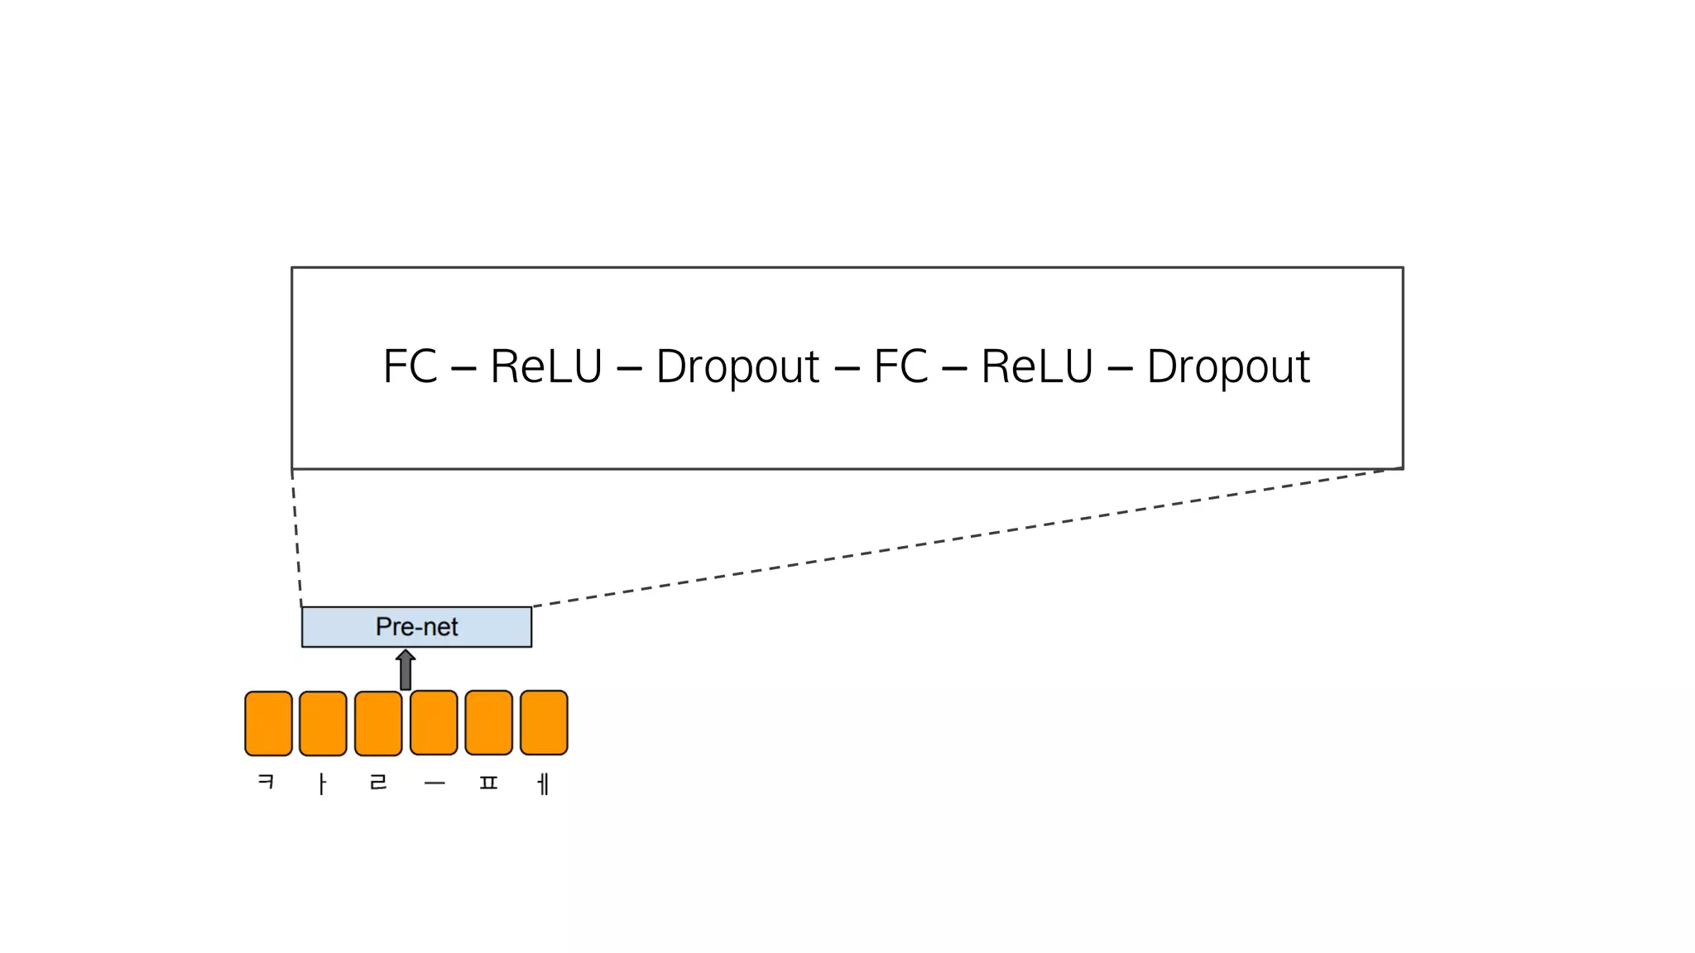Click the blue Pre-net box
[416, 626]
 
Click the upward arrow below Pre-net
[406, 669]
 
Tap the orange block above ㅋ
[268, 723]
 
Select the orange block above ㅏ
[323, 723]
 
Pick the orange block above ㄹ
[378, 723]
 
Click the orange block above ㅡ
[434, 722]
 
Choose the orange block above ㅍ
[488, 722]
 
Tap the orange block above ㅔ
[544, 722]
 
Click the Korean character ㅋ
[266, 781]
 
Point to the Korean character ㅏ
[322, 783]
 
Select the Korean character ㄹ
[378, 782]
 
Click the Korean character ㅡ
[435, 783]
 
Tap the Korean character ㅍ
[488, 782]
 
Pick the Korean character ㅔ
[543, 783]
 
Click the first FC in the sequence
[410, 366]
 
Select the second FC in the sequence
[900, 366]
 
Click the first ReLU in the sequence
[546, 366]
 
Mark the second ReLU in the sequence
[1037, 366]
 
